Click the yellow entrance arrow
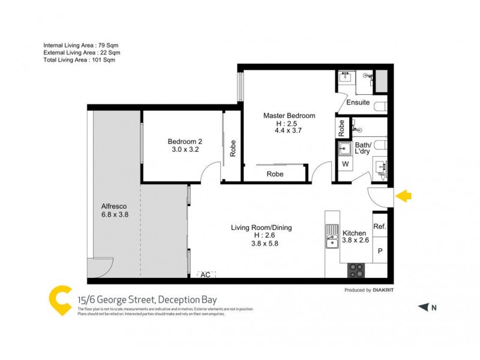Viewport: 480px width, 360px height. pyautogui.click(x=404, y=196)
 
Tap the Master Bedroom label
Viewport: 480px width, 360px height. pyautogui.click(x=289, y=116)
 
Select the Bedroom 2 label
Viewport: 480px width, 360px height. pyautogui.click(x=185, y=142)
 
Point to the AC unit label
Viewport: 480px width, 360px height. pyautogui.click(x=205, y=274)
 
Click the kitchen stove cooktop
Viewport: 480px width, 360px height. pyautogui.click(x=356, y=270)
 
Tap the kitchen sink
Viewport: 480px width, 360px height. pyautogui.click(x=331, y=241)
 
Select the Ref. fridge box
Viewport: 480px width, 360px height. pyautogui.click(x=379, y=227)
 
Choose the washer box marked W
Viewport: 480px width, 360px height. pyautogui.click(x=345, y=164)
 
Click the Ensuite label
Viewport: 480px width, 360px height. pyautogui.click(x=358, y=103)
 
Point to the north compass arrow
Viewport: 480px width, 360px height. pyautogui.click(x=424, y=307)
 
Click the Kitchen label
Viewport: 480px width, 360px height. pyautogui.click(x=354, y=233)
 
